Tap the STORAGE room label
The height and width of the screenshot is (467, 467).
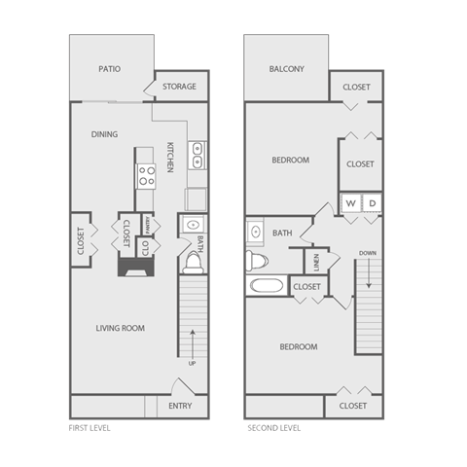[x=179, y=87]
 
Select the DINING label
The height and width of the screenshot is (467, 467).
[x=105, y=134]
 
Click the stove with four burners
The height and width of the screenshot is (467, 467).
[x=147, y=176]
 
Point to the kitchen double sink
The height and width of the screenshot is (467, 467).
[x=196, y=155]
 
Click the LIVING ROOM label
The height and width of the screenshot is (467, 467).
[x=121, y=328]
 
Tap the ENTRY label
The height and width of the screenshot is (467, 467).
[x=180, y=406]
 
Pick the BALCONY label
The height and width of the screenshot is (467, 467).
[x=286, y=69]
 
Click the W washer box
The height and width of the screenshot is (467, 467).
[x=350, y=203]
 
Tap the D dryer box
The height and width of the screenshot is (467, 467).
[x=372, y=203]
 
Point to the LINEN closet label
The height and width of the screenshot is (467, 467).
[x=315, y=262]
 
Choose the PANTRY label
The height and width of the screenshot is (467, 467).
[x=146, y=225]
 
